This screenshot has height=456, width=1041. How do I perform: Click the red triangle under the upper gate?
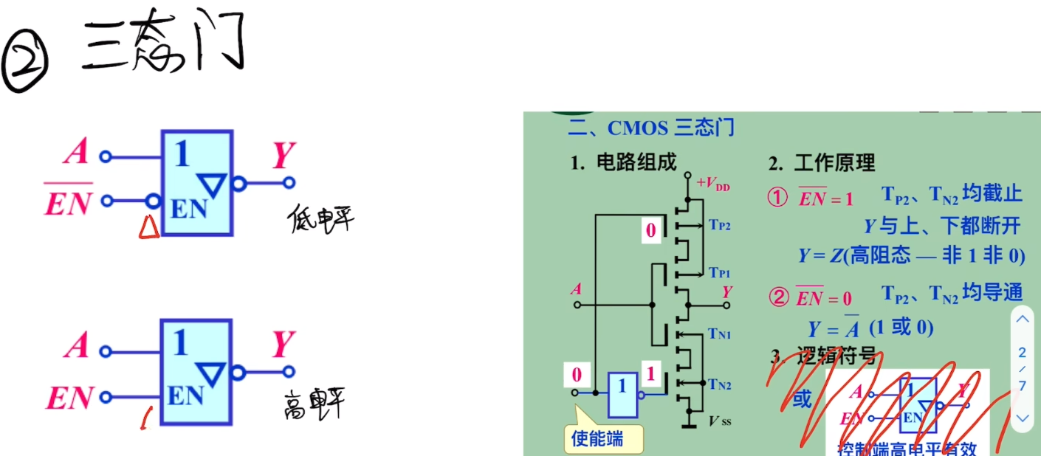[x=148, y=229]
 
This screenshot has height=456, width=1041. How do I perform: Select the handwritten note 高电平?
[x=313, y=404]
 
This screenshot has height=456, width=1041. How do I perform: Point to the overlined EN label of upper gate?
[x=68, y=200]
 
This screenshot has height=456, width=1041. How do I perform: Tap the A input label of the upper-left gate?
[x=76, y=153]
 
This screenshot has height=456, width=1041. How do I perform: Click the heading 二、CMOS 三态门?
[x=650, y=128]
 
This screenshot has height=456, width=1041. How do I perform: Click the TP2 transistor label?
[x=720, y=225]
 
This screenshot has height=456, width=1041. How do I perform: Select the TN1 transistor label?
[x=720, y=334]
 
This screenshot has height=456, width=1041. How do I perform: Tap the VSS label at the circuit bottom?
[x=721, y=422]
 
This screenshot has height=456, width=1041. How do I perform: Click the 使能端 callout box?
[x=597, y=439]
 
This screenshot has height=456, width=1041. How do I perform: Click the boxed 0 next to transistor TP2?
[x=650, y=231]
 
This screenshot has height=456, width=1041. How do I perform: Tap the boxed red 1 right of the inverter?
[x=650, y=375]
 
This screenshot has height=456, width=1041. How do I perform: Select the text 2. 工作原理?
[x=821, y=162]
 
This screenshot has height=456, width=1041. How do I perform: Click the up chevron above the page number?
[x=1023, y=320]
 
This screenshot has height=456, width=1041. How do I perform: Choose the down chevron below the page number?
[x=1023, y=418]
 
